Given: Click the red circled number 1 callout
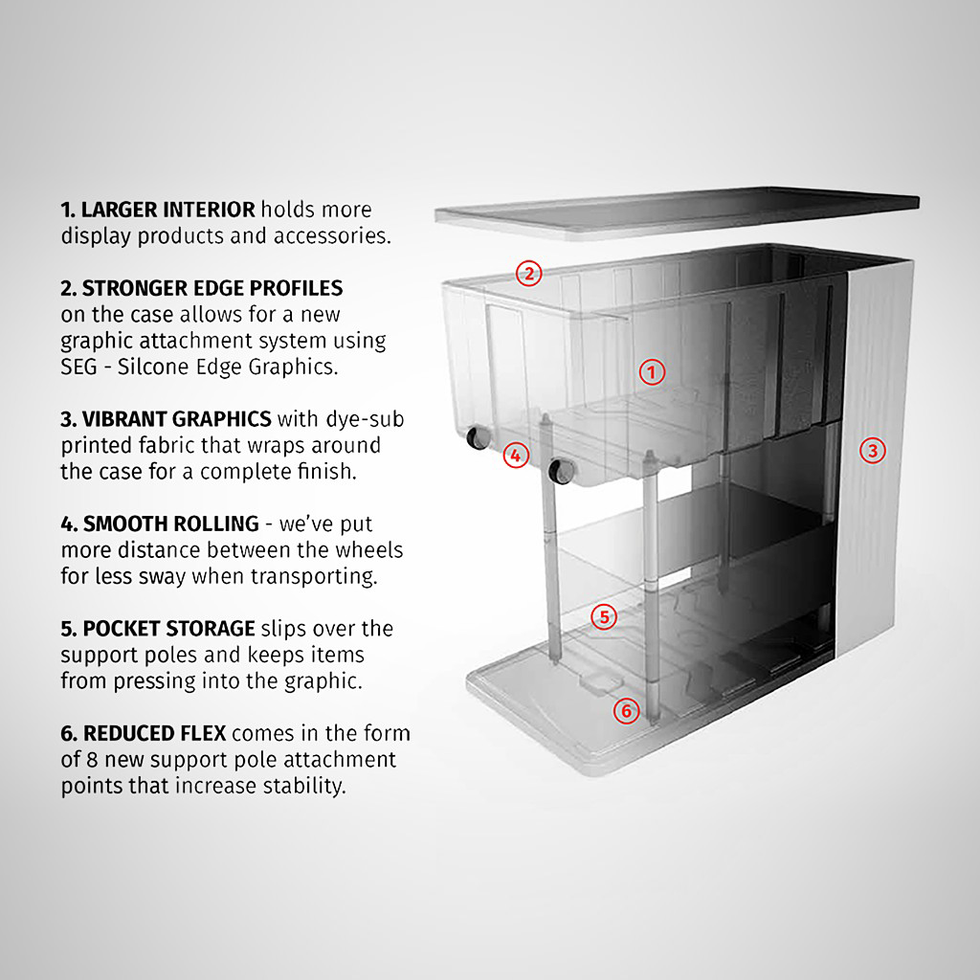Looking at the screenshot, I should point(652,372).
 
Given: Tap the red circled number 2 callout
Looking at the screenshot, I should point(528,274).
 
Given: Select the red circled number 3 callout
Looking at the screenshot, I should point(871,450).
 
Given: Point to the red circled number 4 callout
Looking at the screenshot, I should point(516,456).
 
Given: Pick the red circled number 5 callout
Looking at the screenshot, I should point(603,617).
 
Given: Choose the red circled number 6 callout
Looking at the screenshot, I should point(626,711).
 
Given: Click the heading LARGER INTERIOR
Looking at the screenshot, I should point(167,210).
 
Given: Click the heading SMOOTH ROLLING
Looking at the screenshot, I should point(170,523).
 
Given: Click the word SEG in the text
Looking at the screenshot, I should point(79,367).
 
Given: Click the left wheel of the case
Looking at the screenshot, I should point(476,439).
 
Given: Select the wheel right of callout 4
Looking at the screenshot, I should point(559,470).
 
